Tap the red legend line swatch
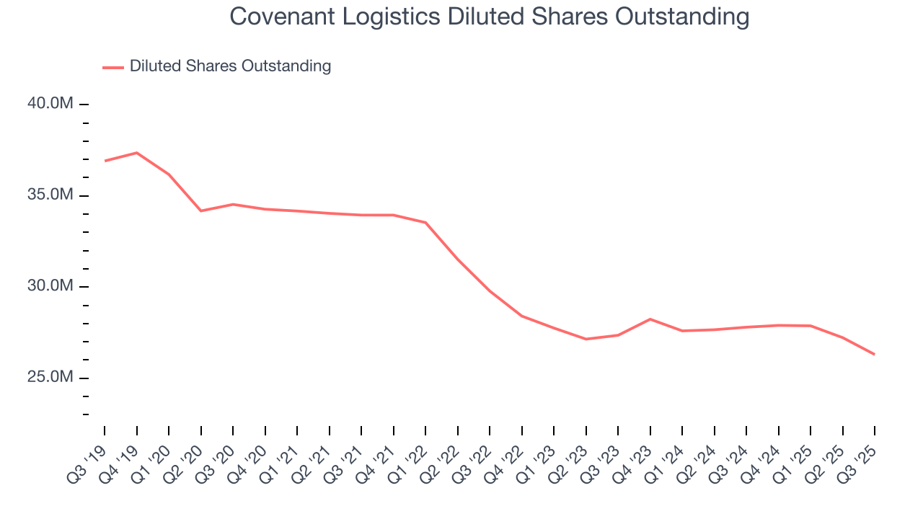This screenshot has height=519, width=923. point(113,67)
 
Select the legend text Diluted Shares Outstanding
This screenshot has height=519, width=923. point(230,66)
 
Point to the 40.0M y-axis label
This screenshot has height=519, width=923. point(50,104)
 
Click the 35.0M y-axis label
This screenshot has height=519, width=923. point(50,195)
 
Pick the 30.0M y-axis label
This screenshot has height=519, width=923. point(50,286)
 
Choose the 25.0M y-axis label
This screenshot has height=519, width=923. point(50,378)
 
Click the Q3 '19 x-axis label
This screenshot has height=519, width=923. point(88,463)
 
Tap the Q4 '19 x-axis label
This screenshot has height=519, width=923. point(120,463)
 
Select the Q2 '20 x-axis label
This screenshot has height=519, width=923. point(185,463)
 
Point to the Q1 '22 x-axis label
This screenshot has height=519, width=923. point(409,463)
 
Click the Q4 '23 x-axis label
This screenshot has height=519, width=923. point(634,463)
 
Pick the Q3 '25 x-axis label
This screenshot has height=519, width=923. point(858,463)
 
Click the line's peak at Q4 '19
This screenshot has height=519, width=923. point(136,153)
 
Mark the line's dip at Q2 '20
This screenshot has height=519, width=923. point(200,210)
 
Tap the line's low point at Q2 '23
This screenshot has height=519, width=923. point(586,339)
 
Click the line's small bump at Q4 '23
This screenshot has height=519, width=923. point(650,319)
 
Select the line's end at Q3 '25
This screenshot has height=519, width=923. point(875,354)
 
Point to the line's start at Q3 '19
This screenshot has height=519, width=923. point(105,161)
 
